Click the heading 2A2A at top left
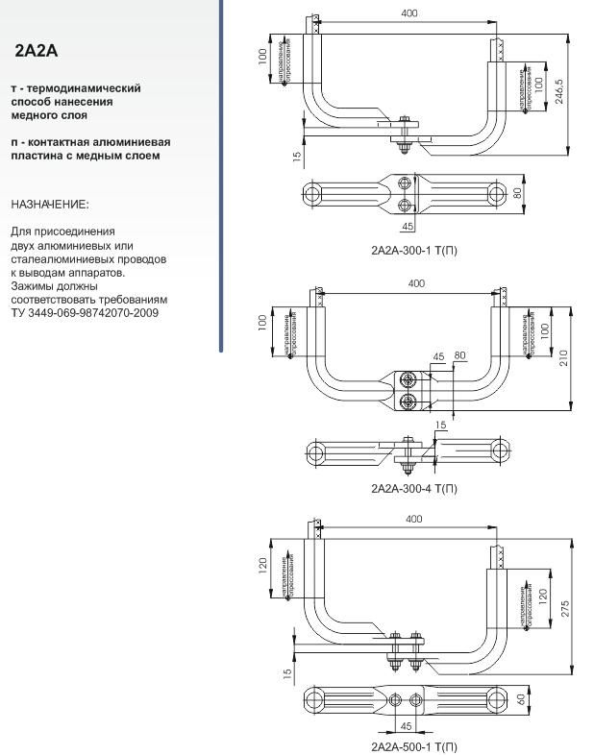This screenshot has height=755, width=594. point(37,51)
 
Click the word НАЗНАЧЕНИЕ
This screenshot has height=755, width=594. point(49,205)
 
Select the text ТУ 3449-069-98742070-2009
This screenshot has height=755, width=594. point(85,313)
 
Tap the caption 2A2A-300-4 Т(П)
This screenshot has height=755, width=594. point(413,488)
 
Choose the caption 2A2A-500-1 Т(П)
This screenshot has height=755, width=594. point(413,746)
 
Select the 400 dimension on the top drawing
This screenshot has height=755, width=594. point(410,14)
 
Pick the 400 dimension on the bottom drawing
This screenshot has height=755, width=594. point(413,520)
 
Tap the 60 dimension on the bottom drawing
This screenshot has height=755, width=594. point(521,699)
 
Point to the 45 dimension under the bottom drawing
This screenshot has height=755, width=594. point(406,726)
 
